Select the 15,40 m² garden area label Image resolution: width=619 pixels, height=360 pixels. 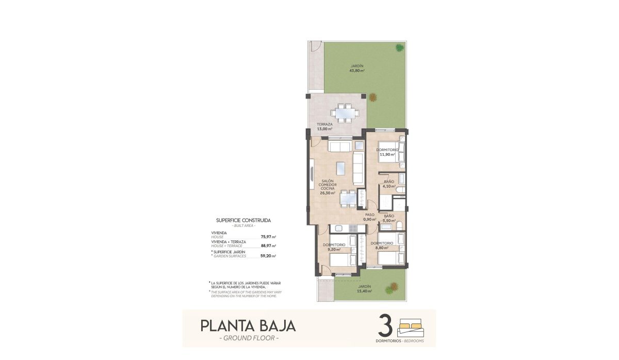coord(365,289)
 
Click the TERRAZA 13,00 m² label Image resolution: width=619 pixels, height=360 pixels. coord(324,126)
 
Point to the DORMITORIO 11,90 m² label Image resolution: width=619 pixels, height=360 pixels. coord(387,152)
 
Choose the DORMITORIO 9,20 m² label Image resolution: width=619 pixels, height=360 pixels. coord(334,247)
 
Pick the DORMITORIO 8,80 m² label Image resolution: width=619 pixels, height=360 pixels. coord(382,245)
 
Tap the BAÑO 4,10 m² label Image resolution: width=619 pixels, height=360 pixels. coord(389,184)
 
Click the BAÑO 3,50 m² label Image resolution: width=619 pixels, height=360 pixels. coord(389,218)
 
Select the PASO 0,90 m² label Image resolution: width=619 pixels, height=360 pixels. coord(369,217)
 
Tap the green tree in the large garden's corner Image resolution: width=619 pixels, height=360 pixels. coord(400,48)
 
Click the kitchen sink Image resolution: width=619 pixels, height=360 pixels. coord(339,228)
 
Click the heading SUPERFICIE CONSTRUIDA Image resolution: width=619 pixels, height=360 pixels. coord(243,220)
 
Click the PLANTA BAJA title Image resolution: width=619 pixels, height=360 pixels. coord(248,326)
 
